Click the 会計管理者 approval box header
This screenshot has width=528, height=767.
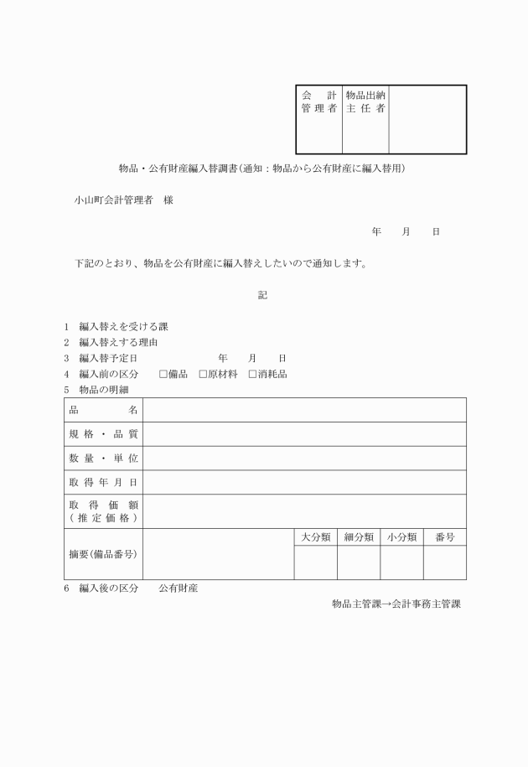(318, 102)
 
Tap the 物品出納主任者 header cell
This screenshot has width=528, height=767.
(365, 102)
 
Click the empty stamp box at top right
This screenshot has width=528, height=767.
(427, 119)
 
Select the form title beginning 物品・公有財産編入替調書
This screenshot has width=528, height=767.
(262, 168)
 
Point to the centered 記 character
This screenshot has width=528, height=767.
(262, 294)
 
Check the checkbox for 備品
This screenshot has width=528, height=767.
(163, 374)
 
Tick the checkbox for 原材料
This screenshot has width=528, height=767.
(203, 374)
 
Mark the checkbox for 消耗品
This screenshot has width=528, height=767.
(252, 374)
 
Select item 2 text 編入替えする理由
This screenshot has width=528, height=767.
(118, 342)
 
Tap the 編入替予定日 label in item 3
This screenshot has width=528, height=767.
(108, 358)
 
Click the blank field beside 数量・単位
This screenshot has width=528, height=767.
(304, 459)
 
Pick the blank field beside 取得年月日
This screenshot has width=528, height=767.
(304, 482)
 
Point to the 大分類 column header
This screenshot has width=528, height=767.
(315, 536)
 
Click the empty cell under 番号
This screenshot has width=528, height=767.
(444, 562)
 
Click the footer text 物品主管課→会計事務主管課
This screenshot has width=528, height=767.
(396, 604)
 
